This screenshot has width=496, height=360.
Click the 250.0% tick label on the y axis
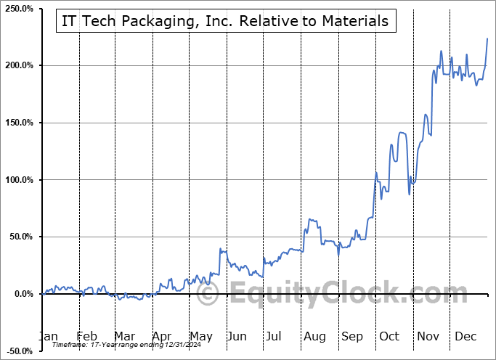[18, 9]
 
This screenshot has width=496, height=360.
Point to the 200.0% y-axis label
[18, 65]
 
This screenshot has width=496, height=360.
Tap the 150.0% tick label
[18, 123]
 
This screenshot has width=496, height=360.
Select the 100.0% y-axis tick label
[18, 180]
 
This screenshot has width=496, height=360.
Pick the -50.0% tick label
[18, 351]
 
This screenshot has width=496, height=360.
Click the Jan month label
[47, 336]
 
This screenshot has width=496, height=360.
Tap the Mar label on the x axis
[124, 336]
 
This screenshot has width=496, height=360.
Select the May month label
[200, 336]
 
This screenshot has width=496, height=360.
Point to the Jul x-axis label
[275, 336]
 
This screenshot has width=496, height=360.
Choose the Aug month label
[315, 336]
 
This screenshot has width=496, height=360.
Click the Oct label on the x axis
[390, 336]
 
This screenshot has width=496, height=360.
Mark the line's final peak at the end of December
[487, 38]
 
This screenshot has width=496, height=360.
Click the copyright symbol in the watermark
[208, 294]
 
